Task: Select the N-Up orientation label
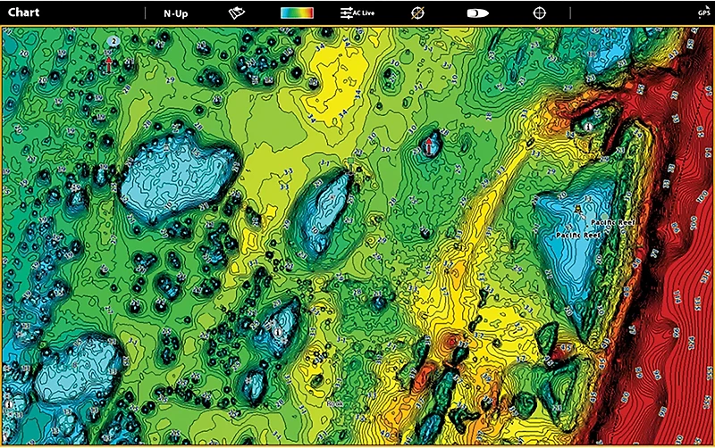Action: (175, 14)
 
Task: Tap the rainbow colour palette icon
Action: (297, 13)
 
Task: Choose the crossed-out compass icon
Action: (416, 13)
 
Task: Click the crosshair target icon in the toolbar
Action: (539, 13)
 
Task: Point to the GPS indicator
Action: (703, 12)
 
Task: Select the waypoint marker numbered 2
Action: (113, 42)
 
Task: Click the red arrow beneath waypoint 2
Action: (109, 63)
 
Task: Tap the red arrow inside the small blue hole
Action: (428, 143)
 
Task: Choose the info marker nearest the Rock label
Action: (277, 331)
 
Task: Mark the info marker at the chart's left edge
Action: (8, 404)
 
